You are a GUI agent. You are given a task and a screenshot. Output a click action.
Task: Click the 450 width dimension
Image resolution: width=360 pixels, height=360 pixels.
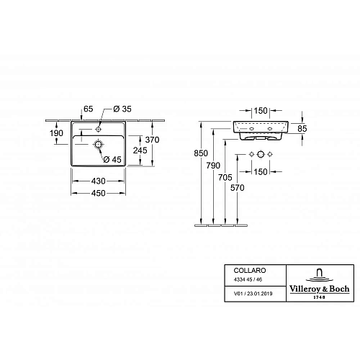click(x=99, y=193)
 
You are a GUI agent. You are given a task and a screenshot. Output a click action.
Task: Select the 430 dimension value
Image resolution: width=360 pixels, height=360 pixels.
click(x=99, y=181)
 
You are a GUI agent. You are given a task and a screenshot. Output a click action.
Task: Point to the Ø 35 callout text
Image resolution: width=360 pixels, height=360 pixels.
click(x=122, y=109)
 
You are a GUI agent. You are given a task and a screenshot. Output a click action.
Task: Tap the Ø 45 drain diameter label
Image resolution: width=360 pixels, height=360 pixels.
click(x=112, y=159)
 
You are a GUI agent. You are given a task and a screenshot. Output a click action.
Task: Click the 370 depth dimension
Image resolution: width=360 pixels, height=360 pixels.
click(x=152, y=140)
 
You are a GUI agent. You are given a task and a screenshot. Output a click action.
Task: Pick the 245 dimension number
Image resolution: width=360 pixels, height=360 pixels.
click(x=140, y=150)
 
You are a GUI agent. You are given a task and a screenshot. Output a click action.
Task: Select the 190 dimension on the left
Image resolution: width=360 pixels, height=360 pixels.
click(x=56, y=133)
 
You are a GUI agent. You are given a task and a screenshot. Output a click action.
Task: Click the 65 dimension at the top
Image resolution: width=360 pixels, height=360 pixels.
click(x=88, y=109)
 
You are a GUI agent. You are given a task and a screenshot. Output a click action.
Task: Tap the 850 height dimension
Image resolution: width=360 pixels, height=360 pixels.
click(x=201, y=153)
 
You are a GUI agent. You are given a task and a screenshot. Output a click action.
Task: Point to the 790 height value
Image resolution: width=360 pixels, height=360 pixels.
click(x=213, y=166)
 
